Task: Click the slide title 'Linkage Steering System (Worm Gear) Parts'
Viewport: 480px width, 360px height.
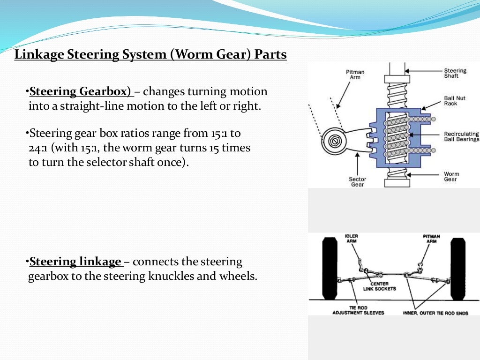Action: pos(150,55)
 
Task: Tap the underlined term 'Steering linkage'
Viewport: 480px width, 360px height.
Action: pos(75,262)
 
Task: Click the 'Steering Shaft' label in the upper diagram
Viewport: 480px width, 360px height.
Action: pos(455,73)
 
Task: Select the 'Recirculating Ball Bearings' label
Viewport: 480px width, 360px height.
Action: pos(461,136)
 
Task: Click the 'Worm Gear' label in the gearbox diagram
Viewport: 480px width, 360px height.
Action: pos(451,177)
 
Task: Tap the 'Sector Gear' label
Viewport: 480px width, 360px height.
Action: pos(357,181)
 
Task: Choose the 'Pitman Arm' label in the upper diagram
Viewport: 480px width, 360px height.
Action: pos(355,75)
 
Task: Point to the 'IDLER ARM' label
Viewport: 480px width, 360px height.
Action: pos(352,239)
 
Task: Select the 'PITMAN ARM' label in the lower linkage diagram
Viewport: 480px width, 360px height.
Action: pos(431,239)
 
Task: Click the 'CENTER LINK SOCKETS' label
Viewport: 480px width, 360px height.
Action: pos(379,286)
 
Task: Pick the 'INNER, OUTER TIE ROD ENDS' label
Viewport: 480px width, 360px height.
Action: pos(435,313)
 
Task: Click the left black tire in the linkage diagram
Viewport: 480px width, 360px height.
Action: pos(330,269)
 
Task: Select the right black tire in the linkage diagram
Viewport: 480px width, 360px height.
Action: pos(458,269)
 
